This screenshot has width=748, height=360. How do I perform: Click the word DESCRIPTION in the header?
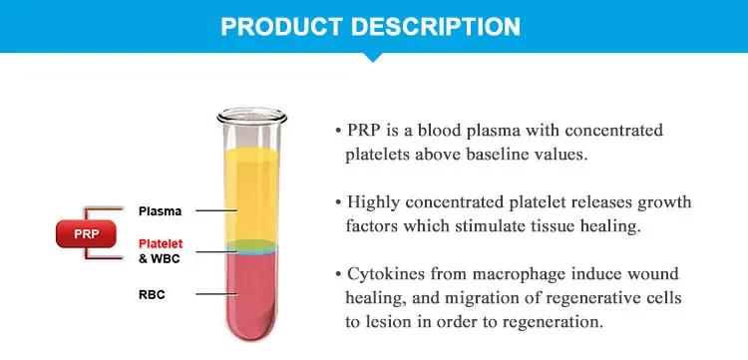tap(447, 26)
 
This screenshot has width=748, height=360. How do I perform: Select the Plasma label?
tap(160, 211)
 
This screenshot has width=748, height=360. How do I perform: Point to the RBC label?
tap(151, 294)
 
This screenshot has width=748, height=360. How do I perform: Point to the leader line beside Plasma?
tap(214, 211)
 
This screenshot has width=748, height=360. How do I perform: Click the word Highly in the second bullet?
tap(374, 202)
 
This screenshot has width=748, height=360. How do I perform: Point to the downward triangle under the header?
tap(373, 57)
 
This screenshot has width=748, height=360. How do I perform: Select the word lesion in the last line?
tap(394, 322)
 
